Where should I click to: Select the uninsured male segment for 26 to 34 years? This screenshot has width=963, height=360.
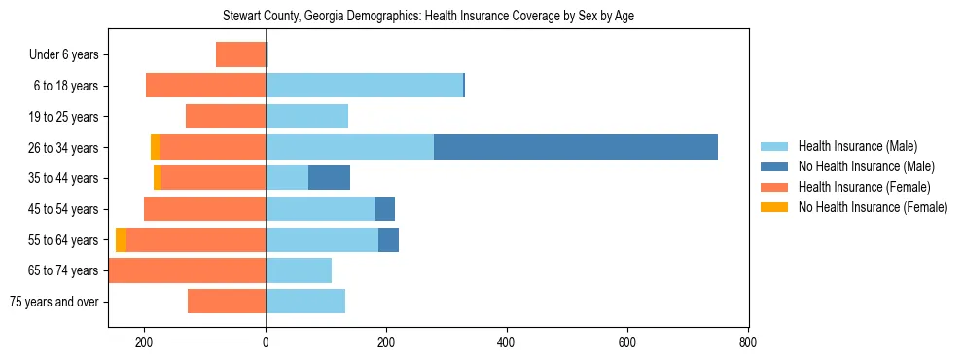tap(576, 147)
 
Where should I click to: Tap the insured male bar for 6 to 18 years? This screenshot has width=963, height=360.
tap(364, 86)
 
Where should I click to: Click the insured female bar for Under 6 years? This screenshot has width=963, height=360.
tap(240, 54)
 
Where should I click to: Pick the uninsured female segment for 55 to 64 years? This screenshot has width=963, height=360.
tap(121, 239)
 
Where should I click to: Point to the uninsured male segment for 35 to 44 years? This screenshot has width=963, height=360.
tap(329, 178)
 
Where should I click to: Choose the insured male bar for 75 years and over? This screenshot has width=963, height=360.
tap(305, 302)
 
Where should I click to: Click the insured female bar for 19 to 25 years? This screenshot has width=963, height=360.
tap(226, 117)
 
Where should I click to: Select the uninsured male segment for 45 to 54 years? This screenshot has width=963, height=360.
tap(384, 209)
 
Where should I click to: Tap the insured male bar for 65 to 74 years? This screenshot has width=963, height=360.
tap(299, 270)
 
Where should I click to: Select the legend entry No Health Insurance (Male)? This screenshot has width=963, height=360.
tap(866, 166)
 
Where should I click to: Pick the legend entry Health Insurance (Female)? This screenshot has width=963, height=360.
tap(864, 187)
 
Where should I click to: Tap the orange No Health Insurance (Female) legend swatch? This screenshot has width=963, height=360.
tap(774, 207)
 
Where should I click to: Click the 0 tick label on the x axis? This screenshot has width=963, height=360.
tap(266, 342)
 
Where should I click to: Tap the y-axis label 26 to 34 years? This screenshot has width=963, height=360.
tap(64, 148)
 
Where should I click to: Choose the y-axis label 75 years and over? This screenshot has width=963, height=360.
tap(54, 302)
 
